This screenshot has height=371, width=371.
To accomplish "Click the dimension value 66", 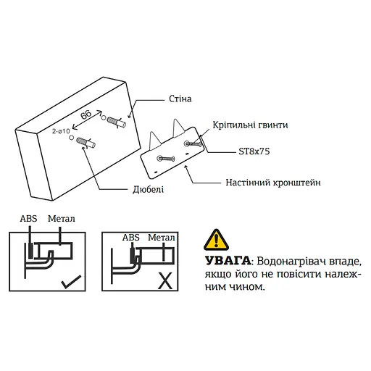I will coord(86,115).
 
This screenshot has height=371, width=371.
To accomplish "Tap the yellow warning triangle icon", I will coord(215,239).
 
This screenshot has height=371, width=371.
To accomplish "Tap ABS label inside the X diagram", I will coord(131,237).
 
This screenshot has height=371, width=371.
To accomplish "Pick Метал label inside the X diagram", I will coord(162,237).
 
